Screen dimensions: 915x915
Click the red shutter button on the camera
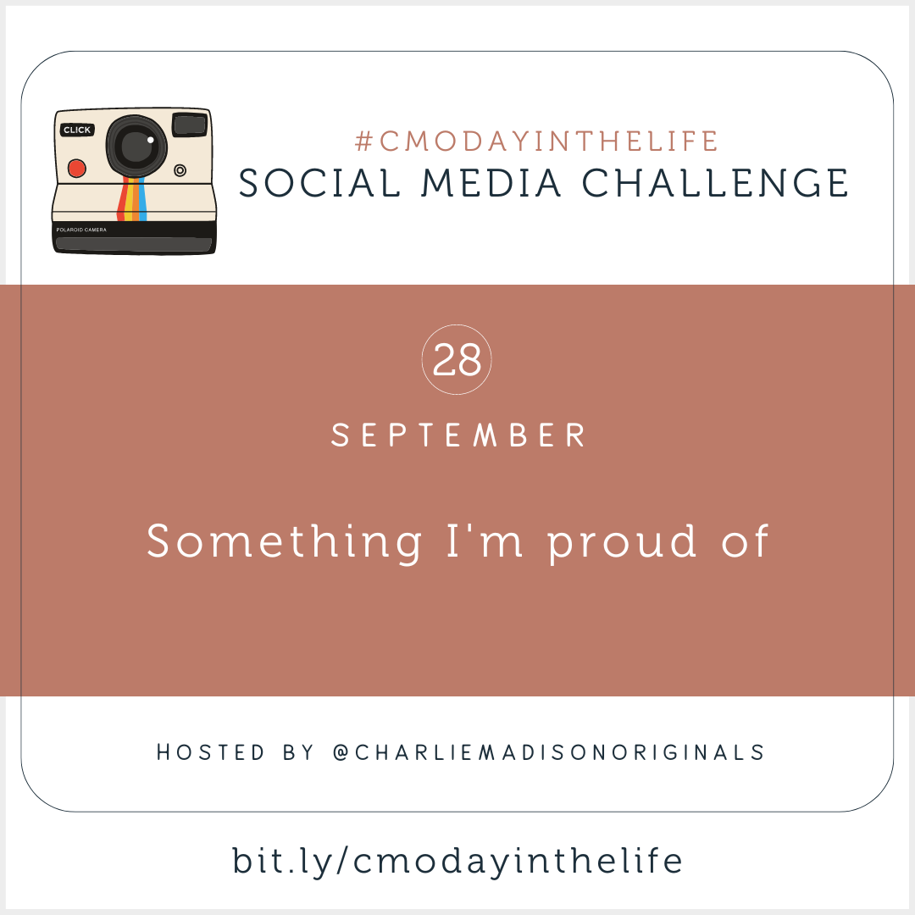pyautogui.click(x=77, y=168)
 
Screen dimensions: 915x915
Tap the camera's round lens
pyautogui.click(x=136, y=146)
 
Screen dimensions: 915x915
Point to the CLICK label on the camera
pyautogui.click(x=77, y=130)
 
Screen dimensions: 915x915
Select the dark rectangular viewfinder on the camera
pyautogui.click(x=191, y=125)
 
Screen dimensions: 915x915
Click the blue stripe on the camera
pyautogui.click(x=142, y=199)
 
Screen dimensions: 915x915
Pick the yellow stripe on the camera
pyautogui.click(x=129, y=199)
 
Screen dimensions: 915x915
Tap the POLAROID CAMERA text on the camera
pyautogui.click(x=81, y=230)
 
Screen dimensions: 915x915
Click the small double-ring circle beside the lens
pyautogui.click(x=180, y=170)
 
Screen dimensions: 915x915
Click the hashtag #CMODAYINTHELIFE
pyautogui.click(x=536, y=141)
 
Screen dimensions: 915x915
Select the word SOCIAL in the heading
pyautogui.click(x=319, y=183)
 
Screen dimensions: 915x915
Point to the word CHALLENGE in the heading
pyautogui.click(x=715, y=183)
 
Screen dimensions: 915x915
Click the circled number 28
pyautogui.click(x=457, y=359)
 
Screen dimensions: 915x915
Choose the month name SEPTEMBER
pyautogui.click(x=458, y=435)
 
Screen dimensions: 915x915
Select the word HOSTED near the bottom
pyautogui.click(x=211, y=752)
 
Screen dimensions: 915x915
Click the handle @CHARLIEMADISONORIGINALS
pyautogui.click(x=548, y=752)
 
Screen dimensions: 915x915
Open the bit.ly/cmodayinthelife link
pyautogui.click(x=457, y=862)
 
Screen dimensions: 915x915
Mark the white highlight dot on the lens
pyautogui.click(x=151, y=140)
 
